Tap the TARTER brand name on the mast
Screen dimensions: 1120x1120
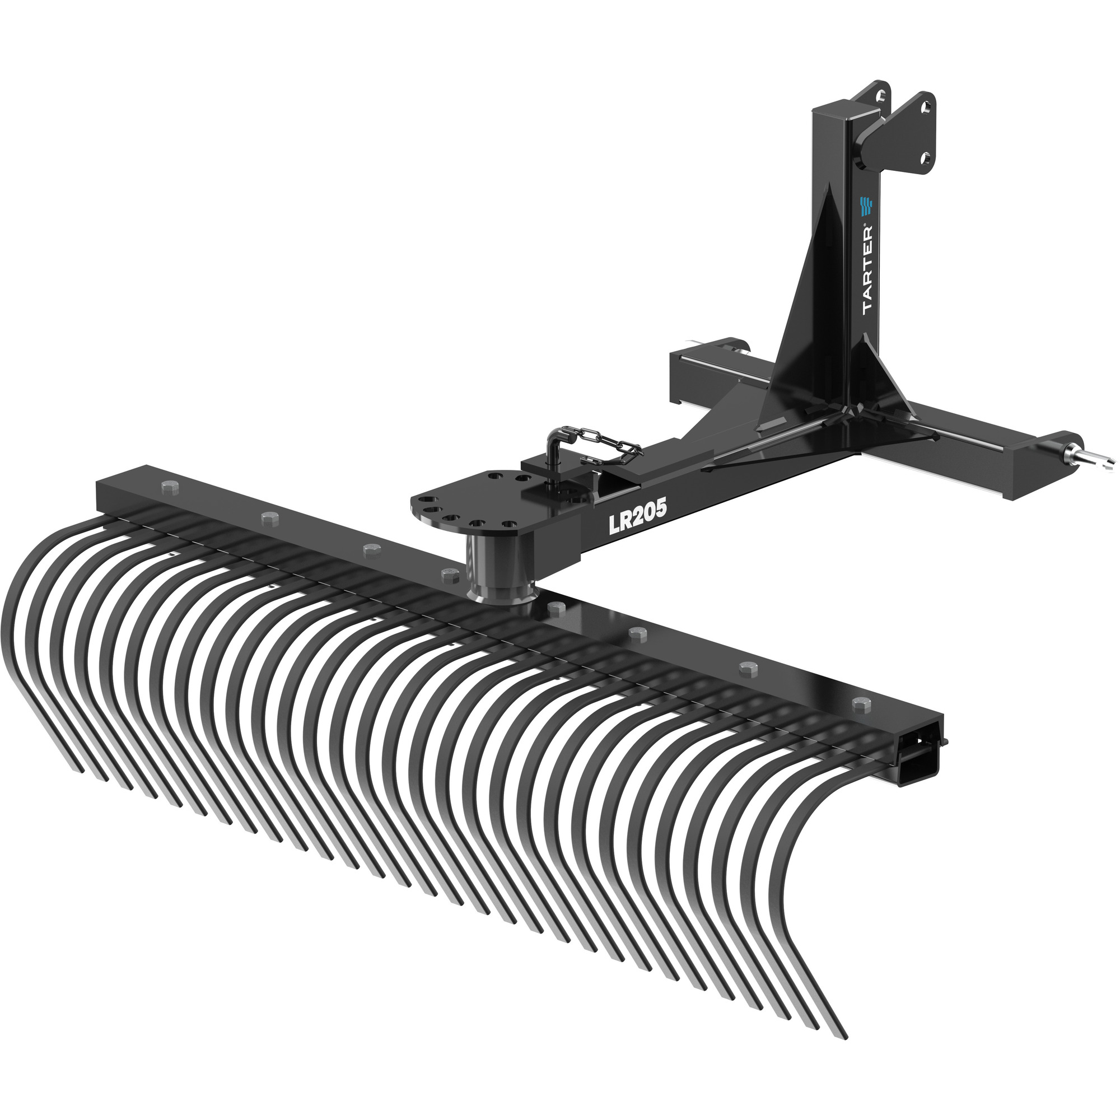point(869,269)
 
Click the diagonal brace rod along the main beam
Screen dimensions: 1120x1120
point(771,452)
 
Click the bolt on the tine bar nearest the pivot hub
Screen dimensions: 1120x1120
point(446,573)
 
